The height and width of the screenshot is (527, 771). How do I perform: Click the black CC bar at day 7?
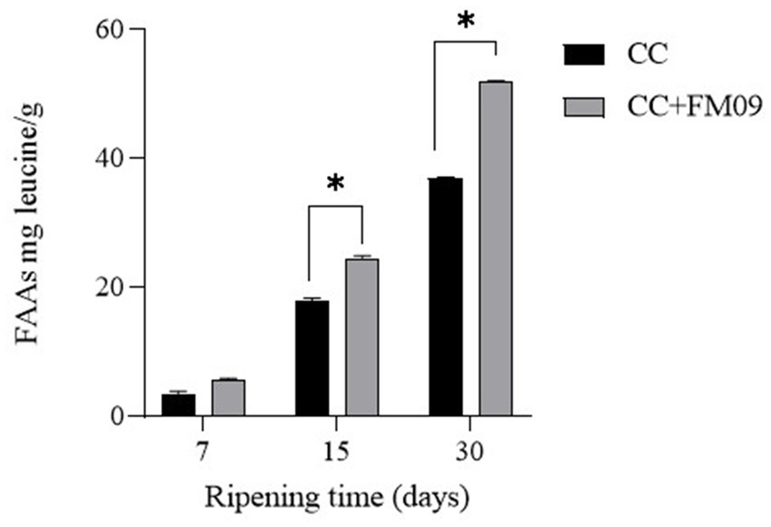[x=178, y=405]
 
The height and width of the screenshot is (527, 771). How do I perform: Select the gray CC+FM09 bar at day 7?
[x=228, y=398]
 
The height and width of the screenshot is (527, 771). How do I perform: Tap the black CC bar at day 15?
[x=312, y=358]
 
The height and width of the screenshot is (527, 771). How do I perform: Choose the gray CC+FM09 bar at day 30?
[x=496, y=249]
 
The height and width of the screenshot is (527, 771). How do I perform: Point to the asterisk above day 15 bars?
[x=336, y=184]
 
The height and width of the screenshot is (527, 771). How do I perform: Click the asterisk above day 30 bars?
[x=467, y=20]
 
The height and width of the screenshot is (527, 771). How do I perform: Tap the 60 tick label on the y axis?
[x=112, y=30]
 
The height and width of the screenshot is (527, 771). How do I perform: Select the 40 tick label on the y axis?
[x=112, y=159]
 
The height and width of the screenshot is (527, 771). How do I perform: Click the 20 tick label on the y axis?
[x=112, y=288]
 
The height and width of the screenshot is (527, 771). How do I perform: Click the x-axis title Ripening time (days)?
[x=336, y=496]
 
